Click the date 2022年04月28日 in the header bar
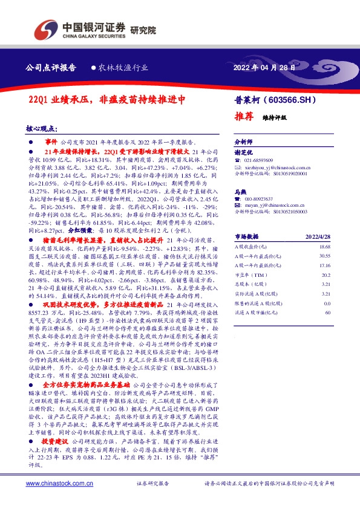(265, 68)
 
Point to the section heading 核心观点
(41, 129)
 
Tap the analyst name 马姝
(241, 192)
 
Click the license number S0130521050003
(290, 212)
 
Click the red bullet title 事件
(51, 140)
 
